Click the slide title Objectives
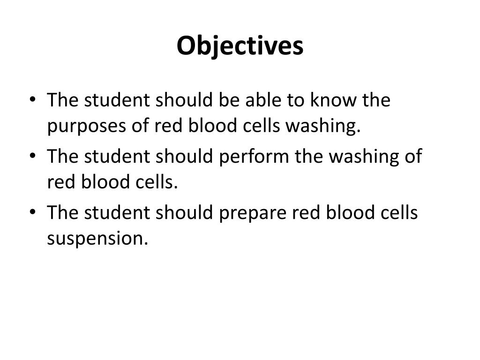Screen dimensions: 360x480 pyautogui.click(x=240, y=46)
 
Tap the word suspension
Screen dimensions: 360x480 pyautogui.click(x=97, y=239)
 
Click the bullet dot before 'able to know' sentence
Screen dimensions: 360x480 pyautogui.click(x=31, y=101)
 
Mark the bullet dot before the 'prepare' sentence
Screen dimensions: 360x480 pyautogui.click(x=31, y=213)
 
